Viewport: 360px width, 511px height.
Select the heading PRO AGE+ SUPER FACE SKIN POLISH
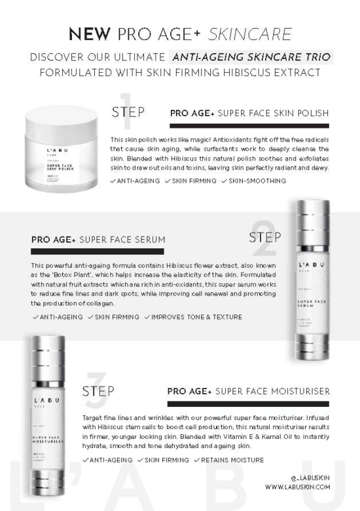(x=249, y=113)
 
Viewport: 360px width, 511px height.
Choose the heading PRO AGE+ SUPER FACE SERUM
(x=98, y=240)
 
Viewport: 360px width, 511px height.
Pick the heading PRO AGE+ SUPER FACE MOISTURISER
(x=248, y=392)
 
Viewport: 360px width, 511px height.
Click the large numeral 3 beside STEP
(x=94, y=390)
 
